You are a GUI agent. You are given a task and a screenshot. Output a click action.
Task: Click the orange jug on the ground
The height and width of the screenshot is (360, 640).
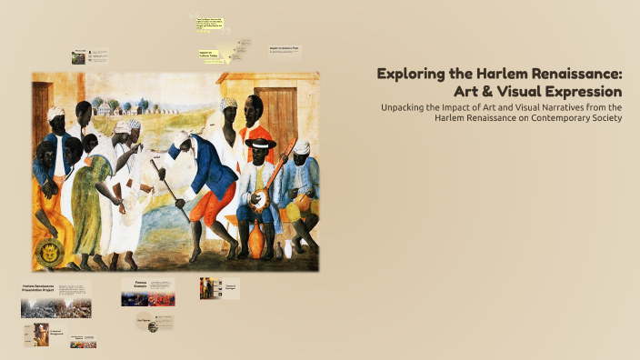click(257, 240)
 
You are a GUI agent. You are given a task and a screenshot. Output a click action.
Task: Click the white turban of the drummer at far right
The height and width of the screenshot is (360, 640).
click(301, 146)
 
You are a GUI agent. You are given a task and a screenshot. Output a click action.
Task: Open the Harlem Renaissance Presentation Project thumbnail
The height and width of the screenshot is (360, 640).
click(55, 300)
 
